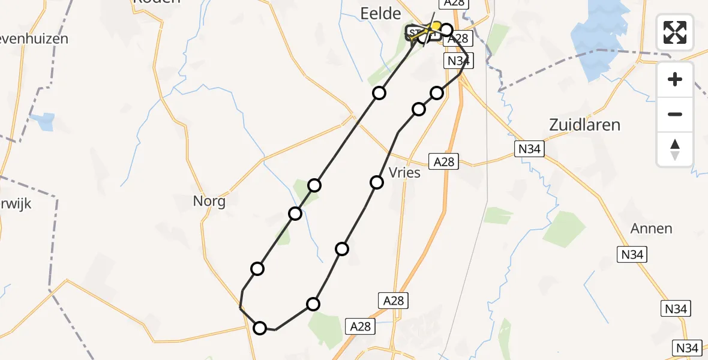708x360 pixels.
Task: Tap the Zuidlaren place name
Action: coord(584,125)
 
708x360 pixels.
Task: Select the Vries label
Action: coord(404,173)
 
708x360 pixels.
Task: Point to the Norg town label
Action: coord(209,201)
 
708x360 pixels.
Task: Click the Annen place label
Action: coord(651,229)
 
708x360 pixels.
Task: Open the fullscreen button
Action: coord(675,32)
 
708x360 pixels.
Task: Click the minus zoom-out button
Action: coord(675,114)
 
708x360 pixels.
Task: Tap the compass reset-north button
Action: coord(675,149)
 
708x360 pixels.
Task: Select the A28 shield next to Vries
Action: coord(444,161)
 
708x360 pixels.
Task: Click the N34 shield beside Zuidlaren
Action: coord(529,148)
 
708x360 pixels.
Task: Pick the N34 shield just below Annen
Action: coord(632,254)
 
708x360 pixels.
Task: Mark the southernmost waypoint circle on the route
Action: coord(260,328)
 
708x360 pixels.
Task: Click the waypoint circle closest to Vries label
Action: coord(377,182)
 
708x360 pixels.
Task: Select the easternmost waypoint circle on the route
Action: coord(446,29)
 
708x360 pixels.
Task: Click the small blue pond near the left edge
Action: coord(46,122)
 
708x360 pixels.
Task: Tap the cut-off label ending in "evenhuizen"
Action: coord(34,39)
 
